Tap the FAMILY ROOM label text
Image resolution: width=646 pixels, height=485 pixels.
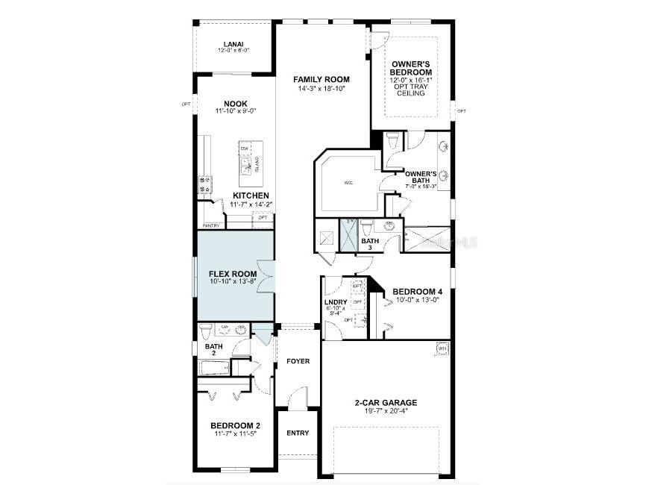point(321,79)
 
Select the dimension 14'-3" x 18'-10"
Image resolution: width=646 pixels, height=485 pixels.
point(321,88)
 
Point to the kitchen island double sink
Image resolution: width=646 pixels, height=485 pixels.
point(244,164)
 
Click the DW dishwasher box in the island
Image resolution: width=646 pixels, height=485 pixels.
point(244,148)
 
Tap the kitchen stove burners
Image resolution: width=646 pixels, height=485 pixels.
point(204,184)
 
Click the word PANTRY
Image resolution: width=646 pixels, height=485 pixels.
point(210,225)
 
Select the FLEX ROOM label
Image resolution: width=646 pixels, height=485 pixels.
point(233,274)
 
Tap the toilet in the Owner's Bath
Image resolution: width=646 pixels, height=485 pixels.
point(392,140)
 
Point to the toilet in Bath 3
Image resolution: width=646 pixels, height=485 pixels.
point(366,226)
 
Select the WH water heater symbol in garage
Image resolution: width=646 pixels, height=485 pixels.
point(441,348)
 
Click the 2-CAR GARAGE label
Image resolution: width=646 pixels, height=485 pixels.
point(386,403)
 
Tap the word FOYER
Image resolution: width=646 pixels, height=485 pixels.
point(298,361)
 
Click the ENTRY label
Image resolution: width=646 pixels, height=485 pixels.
point(298,433)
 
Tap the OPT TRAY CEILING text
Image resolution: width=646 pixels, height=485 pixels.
point(411,89)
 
